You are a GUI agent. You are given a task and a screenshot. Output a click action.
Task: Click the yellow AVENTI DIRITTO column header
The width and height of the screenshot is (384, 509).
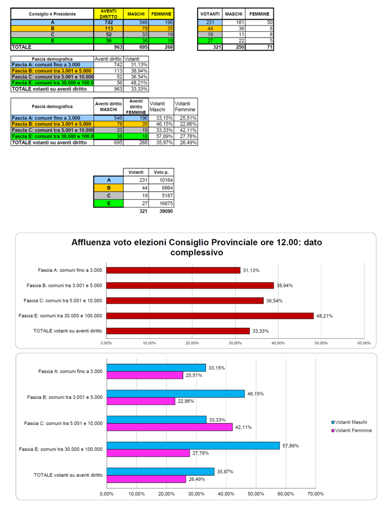click(109, 14)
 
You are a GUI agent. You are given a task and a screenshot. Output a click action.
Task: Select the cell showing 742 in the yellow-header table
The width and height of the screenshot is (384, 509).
click(109, 23)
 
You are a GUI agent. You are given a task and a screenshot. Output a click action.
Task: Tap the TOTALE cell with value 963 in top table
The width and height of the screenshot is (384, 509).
click(109, 47)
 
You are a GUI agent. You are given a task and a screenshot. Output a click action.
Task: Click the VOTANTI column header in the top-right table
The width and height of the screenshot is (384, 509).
click(210, 14)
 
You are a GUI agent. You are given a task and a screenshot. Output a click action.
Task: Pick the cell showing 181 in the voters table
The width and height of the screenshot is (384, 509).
click(234, 23)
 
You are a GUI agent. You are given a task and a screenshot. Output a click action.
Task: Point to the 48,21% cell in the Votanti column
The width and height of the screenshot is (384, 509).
click(136, 83)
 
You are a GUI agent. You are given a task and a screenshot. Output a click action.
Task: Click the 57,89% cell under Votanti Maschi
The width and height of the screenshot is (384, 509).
click(161, 136)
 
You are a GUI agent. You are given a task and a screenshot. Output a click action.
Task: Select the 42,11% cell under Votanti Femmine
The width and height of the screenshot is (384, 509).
click(186, 130)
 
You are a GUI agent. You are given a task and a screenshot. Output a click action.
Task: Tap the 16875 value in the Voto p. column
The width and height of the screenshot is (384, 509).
click(161, 204)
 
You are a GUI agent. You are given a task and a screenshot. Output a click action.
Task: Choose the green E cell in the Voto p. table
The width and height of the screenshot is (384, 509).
click(109, 204)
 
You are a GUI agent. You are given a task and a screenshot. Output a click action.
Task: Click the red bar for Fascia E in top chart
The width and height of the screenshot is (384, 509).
click(210, 316)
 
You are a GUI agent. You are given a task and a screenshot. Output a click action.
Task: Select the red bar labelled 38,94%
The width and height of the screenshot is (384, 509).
click(190, 286)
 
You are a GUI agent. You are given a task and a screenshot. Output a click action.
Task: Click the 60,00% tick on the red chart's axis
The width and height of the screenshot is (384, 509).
click(364, 343)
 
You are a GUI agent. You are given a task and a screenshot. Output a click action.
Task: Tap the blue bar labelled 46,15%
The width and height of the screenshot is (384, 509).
click(175, 394)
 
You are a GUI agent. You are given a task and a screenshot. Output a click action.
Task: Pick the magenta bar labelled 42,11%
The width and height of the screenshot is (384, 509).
click(170, 427)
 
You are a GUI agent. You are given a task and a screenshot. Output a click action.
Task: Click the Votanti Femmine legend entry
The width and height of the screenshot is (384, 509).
click(352, 431)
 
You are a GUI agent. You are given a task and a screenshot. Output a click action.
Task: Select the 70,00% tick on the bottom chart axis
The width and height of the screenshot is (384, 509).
click(315, 494)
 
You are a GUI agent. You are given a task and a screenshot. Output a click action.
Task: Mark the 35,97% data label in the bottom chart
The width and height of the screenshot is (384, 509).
click(225, 471)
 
